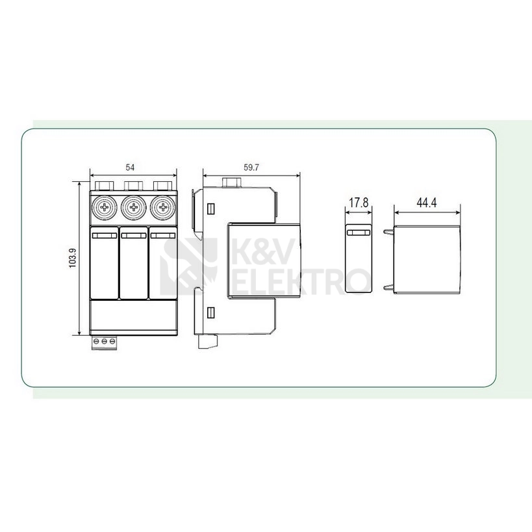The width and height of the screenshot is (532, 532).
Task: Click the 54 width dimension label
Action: click(130, 168)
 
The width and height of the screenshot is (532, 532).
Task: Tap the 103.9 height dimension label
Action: click(73, 258)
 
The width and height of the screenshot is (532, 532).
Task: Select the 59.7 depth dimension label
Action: click(251, 168)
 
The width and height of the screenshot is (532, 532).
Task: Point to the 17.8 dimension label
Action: click(359, 203)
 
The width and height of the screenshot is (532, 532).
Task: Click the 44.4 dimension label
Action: click(427, 203)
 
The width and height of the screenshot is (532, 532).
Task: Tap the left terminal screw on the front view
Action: click(105, 207)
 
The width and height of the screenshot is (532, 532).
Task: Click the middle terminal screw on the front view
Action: click(133, 207)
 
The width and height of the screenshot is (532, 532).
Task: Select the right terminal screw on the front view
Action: click(163, 207)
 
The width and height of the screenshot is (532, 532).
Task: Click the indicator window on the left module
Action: click(105, 236)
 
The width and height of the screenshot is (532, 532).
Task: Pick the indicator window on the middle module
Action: click(134, 236)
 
